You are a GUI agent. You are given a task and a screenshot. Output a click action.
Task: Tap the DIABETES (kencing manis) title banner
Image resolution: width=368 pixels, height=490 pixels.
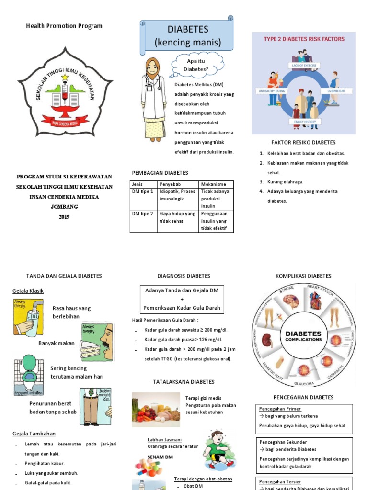coord(187,36)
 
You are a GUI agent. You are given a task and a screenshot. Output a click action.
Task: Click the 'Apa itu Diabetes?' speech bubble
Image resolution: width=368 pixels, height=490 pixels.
coord(196,65)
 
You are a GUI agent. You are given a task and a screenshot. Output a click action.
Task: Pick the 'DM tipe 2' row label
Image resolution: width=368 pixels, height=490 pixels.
coord(143,214)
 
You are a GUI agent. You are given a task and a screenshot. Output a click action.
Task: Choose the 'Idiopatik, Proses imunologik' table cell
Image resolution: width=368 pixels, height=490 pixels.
coord(178,195)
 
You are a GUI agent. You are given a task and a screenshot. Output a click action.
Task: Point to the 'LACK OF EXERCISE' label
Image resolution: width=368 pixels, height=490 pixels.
coord(304,65)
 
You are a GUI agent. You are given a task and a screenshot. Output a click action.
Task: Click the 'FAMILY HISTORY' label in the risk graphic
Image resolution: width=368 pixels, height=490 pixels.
coord(304,122)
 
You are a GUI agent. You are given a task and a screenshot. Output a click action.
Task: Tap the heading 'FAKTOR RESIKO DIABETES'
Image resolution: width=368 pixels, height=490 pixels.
coord(303,142)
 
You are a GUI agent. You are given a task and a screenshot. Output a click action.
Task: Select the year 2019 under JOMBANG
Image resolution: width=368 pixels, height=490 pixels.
coord(64,217)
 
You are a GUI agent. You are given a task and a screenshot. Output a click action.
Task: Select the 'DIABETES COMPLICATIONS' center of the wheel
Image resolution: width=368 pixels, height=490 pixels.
coord(303,335)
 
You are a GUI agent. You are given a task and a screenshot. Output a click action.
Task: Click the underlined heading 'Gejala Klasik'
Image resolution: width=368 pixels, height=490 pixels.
coord(28,291)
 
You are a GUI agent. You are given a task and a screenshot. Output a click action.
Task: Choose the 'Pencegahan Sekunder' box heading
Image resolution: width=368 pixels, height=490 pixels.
coord(283,442)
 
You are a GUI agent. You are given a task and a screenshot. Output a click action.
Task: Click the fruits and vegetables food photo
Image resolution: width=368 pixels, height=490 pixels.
coord(156,410)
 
